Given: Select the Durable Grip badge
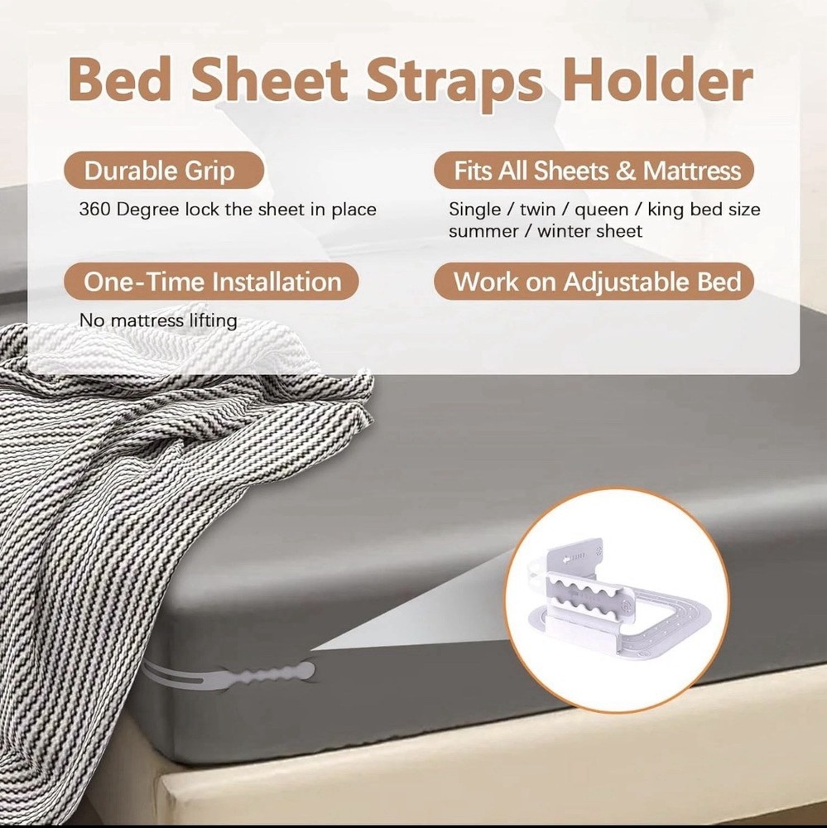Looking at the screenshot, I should (x=160, y=171).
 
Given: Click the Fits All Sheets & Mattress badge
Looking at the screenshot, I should (x=594, y=171).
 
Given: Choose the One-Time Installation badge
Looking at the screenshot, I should (x=212, y=282).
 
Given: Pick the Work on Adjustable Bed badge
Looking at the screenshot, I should (x=594, y=282).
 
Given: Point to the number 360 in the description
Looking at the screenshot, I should (x=94, y=209).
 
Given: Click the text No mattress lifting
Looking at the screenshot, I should (x=158, y=320).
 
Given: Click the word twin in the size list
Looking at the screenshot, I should (x=537, y=209).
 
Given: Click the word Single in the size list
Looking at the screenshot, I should (x=475, y=209).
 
